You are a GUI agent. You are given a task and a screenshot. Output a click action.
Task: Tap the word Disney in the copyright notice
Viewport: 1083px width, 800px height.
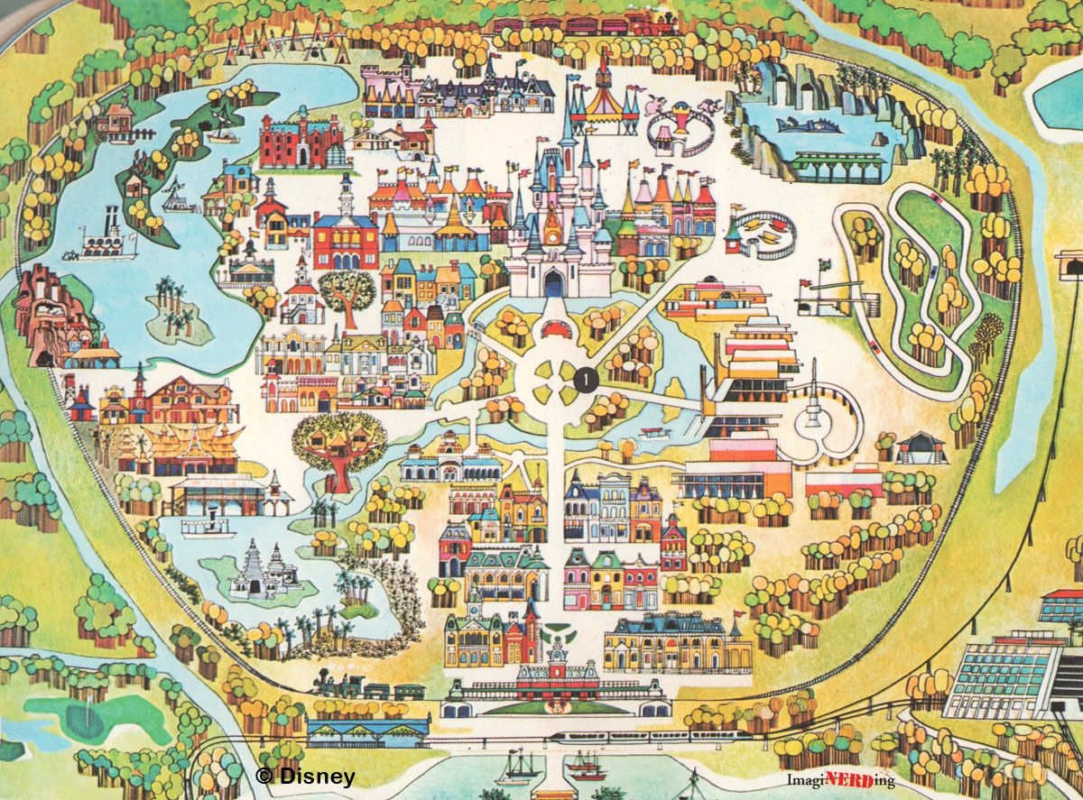coord(316,776)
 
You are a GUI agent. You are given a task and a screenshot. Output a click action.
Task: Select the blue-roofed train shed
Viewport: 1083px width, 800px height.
coord(367,729)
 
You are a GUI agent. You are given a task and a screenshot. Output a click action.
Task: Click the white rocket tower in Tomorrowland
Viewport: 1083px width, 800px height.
coord(813,406)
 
